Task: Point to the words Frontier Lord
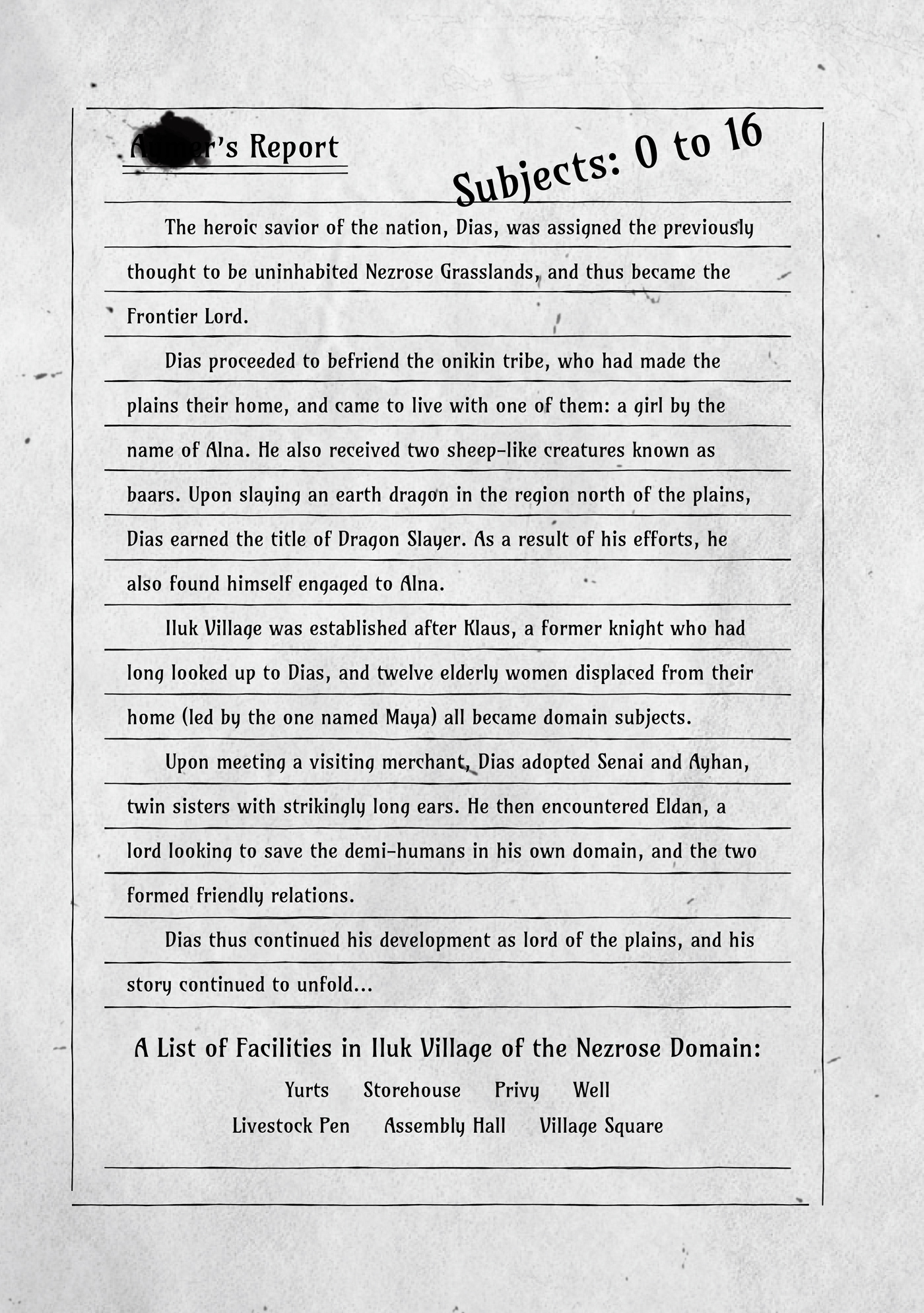[187, 317]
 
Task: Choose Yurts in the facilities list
[307, 1091]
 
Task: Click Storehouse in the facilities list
[412, 1091]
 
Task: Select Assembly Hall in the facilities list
[445, 1126]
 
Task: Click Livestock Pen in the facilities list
[291, 1126]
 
